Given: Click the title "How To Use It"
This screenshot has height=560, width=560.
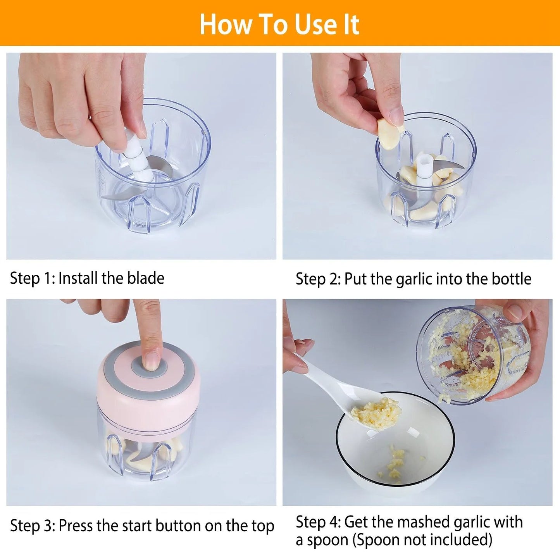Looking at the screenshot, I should (x=279, y=24).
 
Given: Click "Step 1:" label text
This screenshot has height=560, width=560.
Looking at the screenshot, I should (x=33, y=278).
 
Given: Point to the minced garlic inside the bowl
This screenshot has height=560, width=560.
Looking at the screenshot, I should (x=393, y=463).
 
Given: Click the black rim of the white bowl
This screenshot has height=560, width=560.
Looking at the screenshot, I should (x=395, y=485).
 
